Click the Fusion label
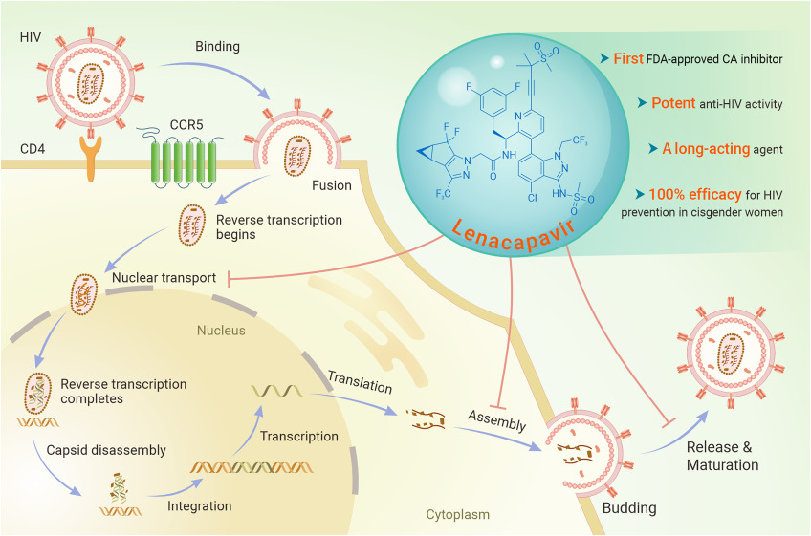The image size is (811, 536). pyautogui.click(x=333, y=186)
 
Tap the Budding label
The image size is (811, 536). pyautogui.click(x=629, y=508)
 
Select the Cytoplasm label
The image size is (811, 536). pyautogui.click(x=457, y=514)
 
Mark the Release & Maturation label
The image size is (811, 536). pyautogui.click(x=722, y=455)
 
